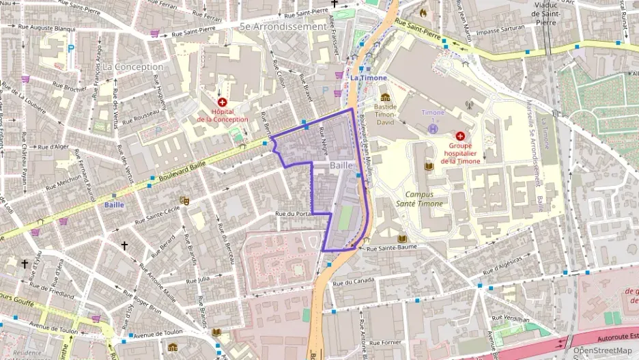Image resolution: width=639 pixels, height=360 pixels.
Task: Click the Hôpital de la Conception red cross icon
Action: [222, 102]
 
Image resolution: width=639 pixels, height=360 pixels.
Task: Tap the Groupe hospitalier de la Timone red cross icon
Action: [459, 136]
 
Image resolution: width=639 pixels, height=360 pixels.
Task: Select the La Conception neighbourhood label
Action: [133, 67]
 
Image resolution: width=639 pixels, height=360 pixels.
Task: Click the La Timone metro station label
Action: [369, 78]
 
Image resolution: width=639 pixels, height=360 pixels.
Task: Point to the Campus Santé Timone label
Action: [420, 199]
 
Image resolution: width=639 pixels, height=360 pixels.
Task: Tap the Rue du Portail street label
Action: [294, 214]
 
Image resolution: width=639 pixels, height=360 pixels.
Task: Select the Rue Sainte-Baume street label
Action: [392, 248]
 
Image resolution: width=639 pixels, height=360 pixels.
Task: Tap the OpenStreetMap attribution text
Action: [601, 351]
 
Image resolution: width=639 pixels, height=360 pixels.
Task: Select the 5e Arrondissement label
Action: [283, 26]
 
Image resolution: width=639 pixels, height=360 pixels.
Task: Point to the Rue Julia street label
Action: [203, 279]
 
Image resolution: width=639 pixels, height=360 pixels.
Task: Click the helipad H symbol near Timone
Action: [432, 128]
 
